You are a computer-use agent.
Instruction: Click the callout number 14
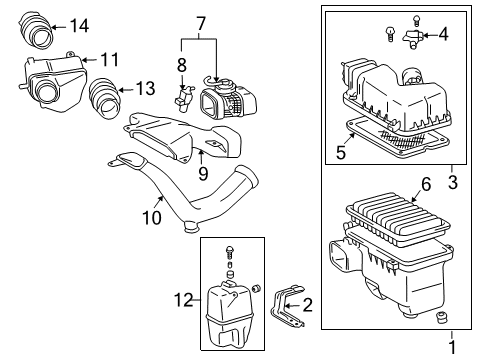click(79, 25)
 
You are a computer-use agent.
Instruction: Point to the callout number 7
click(200, 23)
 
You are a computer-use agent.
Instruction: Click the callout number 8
click(180, 65)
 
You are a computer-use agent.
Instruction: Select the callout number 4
click(443, 36)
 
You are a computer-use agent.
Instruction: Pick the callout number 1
click(450, 346)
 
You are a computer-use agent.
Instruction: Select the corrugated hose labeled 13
click(101, 100)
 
